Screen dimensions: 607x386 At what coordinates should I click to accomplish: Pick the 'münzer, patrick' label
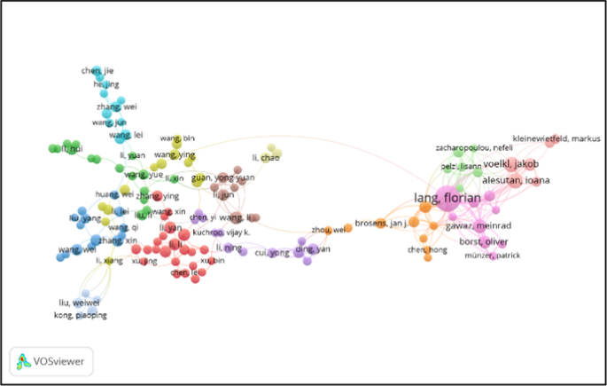pyautogui.click(x=492, y=256)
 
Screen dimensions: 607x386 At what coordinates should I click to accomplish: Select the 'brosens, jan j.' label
pyautogui.click(x=380, y=222)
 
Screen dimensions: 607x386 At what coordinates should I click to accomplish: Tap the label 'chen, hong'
pyautogui.click(x=427, y=250)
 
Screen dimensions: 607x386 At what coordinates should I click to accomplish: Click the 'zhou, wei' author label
pyautogui.click(x=326, y=230)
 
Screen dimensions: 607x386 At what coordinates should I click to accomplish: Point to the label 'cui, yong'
pyautogui.click(x=272, y=253)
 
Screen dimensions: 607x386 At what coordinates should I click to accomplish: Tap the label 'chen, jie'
pyautogui.click(x=97, y=70)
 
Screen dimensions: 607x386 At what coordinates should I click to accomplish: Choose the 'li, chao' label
pyautogui.click(x=266, y=158)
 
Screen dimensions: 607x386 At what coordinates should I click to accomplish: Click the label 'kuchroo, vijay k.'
pyautogui.click(x=222, y=232)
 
